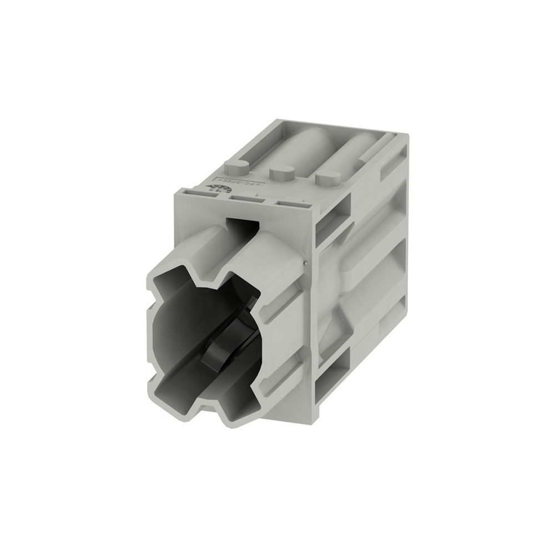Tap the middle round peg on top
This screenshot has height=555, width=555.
(281, 173)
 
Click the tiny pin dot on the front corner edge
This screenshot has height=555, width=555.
(306, 259)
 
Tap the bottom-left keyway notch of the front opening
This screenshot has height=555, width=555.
(162, 377)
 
